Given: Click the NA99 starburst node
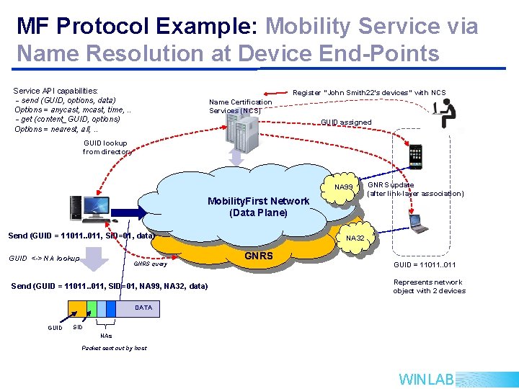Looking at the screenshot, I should pos(344,187).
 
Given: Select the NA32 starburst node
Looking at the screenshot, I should pos(355,238).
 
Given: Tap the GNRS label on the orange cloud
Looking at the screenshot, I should pos(259,255).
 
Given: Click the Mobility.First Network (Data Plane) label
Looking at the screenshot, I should pos(258,207).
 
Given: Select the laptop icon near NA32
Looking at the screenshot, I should pos(419,224).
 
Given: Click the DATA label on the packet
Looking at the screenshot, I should pos(143,308).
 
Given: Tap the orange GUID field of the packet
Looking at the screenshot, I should pos(76,310).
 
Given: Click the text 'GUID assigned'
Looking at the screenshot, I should pos(346,122).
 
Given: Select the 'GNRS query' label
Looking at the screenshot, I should pos(151,264).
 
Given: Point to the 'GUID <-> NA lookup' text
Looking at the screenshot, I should pos(43,258).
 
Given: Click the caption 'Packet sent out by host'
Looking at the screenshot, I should pos(114,348).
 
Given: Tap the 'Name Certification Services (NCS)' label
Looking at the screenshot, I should pos(240,106).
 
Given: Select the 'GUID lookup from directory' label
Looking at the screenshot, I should pos(106,148).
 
